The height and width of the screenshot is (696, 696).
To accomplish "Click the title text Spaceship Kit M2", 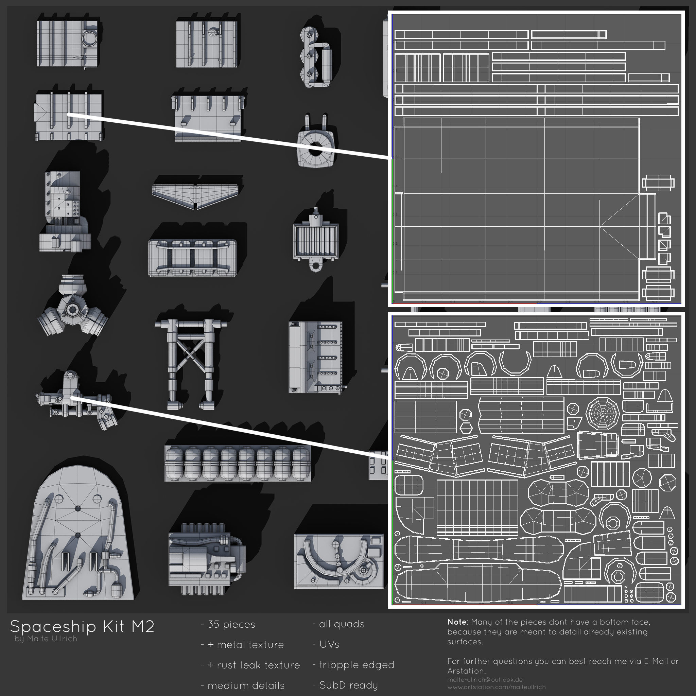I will (x=82, y=626).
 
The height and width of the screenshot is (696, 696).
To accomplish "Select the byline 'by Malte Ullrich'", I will (x=46, y=639).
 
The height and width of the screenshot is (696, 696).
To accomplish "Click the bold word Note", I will (x=457, y=622).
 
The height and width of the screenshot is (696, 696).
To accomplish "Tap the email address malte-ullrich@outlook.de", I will (x=485, y=680).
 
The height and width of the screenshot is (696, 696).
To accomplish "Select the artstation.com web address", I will (x=497, y=687).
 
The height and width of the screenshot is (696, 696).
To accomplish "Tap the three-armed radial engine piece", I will (x=73, y=308).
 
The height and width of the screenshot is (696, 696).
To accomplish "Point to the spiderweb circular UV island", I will (x=602, y=414).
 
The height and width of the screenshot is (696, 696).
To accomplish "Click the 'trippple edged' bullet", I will (x=356, y=665).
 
